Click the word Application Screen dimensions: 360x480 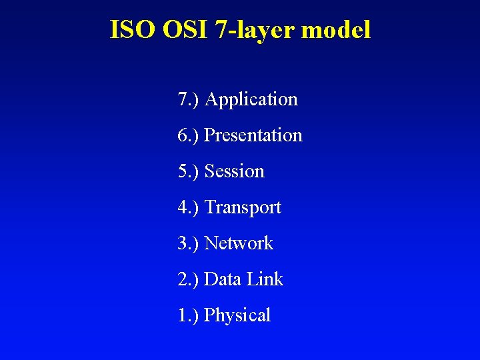click(x=251, y=100)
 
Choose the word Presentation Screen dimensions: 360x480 click(x=253, y=135)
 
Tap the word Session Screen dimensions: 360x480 click(x=235, y=171)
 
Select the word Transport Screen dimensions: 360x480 click(x=243, y=208)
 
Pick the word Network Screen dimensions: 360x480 click(x=239, y=243)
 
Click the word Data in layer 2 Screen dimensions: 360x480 click(x=223, y=279)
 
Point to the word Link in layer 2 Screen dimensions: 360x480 click(x=265, y=279)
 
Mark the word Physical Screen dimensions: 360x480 click(x=237, y=315)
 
